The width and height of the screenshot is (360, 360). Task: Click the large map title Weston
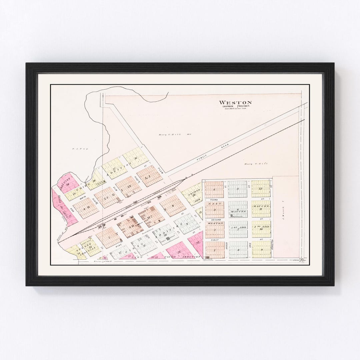coord(235,102)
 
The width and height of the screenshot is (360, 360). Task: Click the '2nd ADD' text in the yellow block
coord(261,227)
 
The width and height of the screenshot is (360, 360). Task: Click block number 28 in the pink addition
coord(68,184)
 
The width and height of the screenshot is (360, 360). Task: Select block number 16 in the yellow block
coord(136,158)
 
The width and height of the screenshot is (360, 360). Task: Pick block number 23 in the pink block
coord(179,252)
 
